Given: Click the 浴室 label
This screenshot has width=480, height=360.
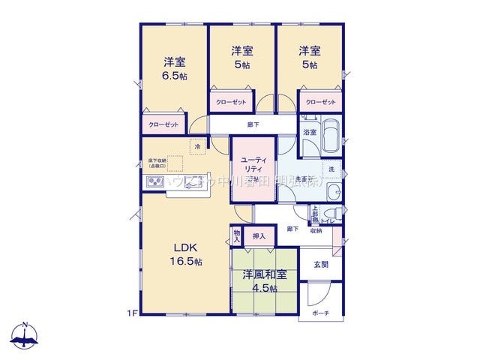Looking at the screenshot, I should tap(309, 132).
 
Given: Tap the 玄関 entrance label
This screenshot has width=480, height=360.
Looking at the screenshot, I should tap(320, 263).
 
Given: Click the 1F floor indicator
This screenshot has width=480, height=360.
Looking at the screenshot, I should tap(131, 311).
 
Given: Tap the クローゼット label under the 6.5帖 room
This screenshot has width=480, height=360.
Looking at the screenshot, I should tap(163, 124).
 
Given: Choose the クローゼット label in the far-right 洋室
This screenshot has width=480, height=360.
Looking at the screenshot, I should tap(320, 102).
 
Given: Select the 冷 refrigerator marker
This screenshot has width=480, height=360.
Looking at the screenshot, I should tap(198, 147).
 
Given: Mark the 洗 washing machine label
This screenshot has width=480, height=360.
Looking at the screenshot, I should tap(331, 169).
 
